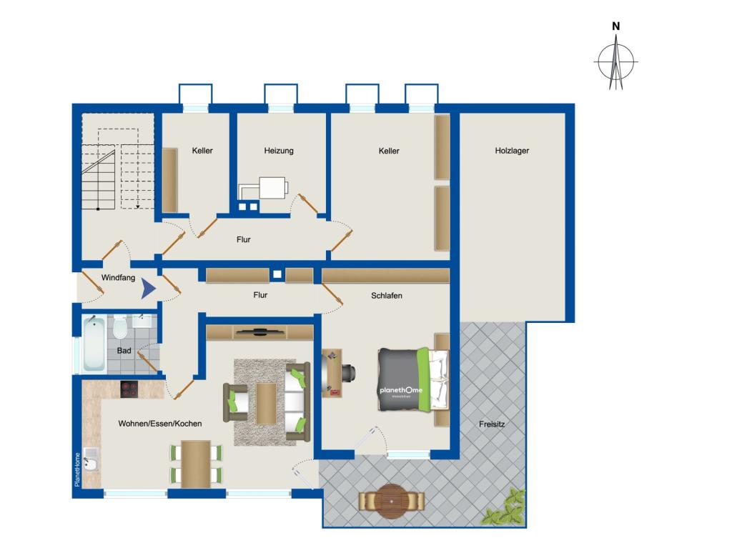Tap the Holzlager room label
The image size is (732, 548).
511,151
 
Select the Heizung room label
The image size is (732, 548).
279,151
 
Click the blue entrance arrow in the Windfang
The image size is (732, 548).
147,289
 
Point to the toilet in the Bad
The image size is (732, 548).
120,328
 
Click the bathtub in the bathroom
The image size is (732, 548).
94,344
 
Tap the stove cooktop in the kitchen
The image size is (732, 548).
130,389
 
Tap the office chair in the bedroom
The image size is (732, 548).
350,372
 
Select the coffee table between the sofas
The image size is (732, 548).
266,403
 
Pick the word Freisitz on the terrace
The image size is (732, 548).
492,424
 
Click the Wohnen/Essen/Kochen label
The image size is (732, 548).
160,424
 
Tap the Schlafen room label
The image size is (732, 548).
387,295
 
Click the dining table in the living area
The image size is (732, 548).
196,463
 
